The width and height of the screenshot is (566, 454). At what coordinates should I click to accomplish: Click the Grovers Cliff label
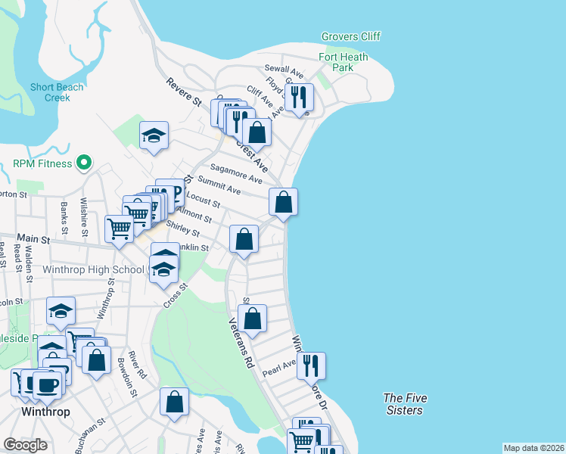[x=350, y=36]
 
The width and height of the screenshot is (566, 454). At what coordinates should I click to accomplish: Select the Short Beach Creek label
[x=57, y=92]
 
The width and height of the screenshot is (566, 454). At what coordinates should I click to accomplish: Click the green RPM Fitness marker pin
[x=85, y=163]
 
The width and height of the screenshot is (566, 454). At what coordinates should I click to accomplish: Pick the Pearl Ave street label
[x=278, y=368]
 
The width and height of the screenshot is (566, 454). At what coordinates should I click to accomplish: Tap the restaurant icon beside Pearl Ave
[x=311, y=365]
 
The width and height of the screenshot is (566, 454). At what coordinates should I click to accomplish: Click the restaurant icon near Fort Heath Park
[x=300, y=97]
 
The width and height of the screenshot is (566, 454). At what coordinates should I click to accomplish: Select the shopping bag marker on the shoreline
[x=283, y=201]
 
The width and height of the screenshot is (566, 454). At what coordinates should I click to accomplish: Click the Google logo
[x=26, y=445]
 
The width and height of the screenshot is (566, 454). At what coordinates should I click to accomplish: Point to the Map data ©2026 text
[x=533, y=448]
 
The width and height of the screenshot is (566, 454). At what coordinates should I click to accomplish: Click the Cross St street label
[x=175, y=296]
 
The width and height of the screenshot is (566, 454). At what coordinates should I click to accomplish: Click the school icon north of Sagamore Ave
[x=154, y=135]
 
